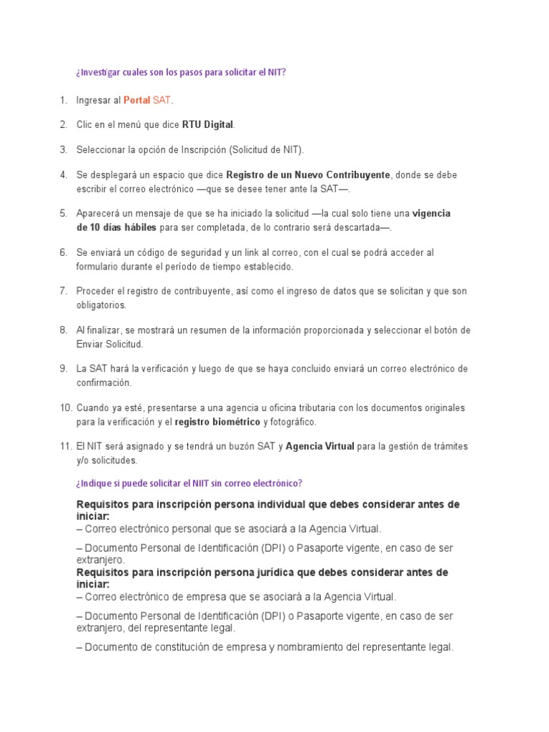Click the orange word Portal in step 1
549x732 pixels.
coord(137,101)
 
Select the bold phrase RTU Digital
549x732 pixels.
coord(207,125)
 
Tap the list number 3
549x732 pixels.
coord(63,149)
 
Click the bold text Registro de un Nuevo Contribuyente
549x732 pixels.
coord(308,174)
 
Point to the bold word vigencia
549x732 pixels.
coord(432,214)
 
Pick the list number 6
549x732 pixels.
coord(63,253)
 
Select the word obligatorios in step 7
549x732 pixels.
coord(101,305)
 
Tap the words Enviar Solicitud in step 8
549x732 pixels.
coord(110,344)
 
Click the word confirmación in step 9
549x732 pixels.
coord(104,382)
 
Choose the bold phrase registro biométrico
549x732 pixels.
coord(217,422)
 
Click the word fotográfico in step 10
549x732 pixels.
coord(290,422)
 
